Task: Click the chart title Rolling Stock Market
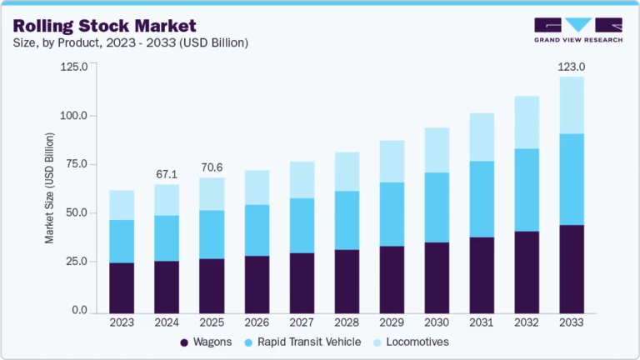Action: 104,26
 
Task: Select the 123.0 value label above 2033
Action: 572,66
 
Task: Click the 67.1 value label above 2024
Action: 167,174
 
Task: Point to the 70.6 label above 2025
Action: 212,167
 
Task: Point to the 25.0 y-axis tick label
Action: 74,262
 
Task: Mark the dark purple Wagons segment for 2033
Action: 572,268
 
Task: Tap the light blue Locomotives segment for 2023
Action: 122,205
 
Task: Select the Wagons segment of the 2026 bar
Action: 257,283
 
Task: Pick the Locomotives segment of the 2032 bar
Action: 527,122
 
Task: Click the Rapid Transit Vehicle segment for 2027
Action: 302,225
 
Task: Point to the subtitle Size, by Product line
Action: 129,42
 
